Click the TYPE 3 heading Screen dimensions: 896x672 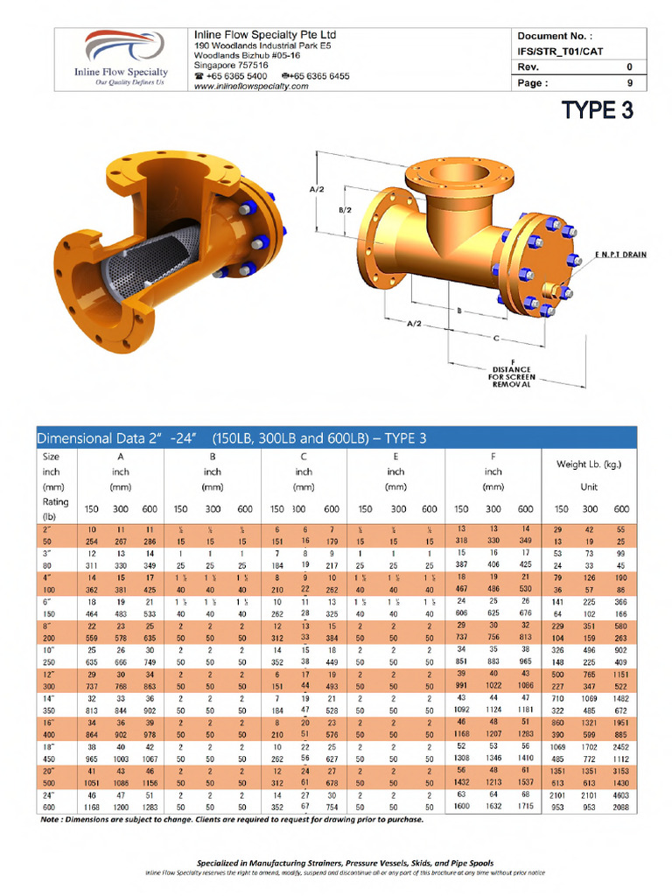coord(597,109)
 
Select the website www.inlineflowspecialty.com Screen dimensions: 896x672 coord(250,87)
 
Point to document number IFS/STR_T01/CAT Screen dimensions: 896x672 coord(561,52)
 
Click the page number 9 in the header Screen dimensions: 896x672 coord(630,84)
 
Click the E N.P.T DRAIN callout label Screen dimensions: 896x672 coord(622,255)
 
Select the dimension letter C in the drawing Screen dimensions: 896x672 coord(497,337)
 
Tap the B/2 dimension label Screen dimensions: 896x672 coord(345,210)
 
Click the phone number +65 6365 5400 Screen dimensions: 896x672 coord(230,76)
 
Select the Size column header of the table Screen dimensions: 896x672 coord(50,456)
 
